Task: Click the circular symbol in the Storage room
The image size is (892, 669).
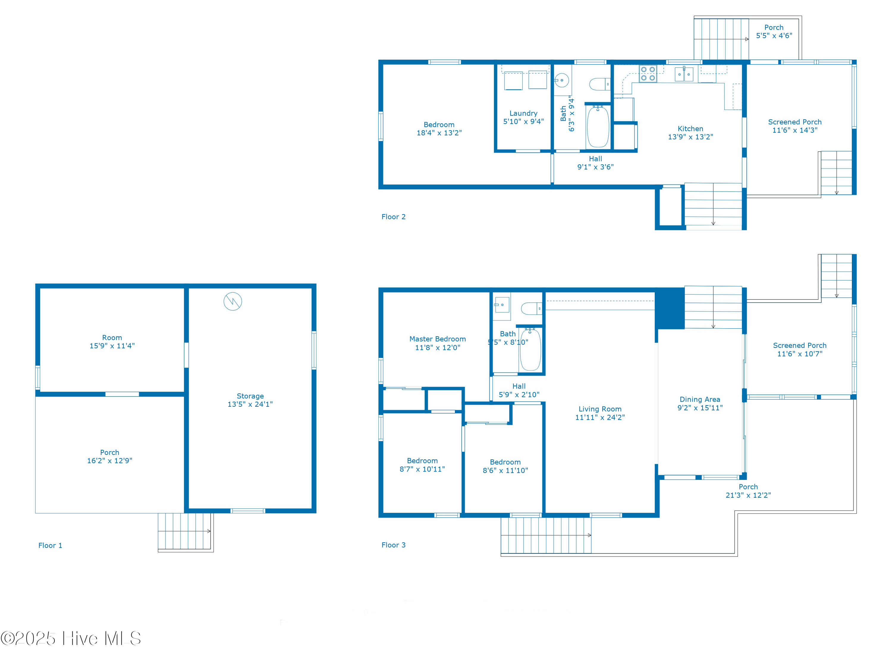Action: tap(233, 301)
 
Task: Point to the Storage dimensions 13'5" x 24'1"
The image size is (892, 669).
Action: tap(250, 404)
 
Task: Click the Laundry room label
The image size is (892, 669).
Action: tap(523, 113)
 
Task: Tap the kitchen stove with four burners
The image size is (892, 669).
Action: tap(648, 74)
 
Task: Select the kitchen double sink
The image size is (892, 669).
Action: tap(684, 74)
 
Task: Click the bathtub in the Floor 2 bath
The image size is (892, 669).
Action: tap(598, 127)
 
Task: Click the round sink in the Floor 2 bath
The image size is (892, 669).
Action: tap(562, 80)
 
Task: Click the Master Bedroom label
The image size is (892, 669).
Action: tap(438, 339)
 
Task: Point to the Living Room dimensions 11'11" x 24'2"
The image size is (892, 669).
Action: tap(600, 417)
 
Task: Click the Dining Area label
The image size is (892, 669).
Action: tap(700, 400)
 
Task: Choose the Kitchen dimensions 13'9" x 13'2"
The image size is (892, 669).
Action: tap(690, 137)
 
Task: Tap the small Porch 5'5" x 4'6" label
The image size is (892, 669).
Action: tap(774, 32)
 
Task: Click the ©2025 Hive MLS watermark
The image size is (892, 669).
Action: tap(71, 638)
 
